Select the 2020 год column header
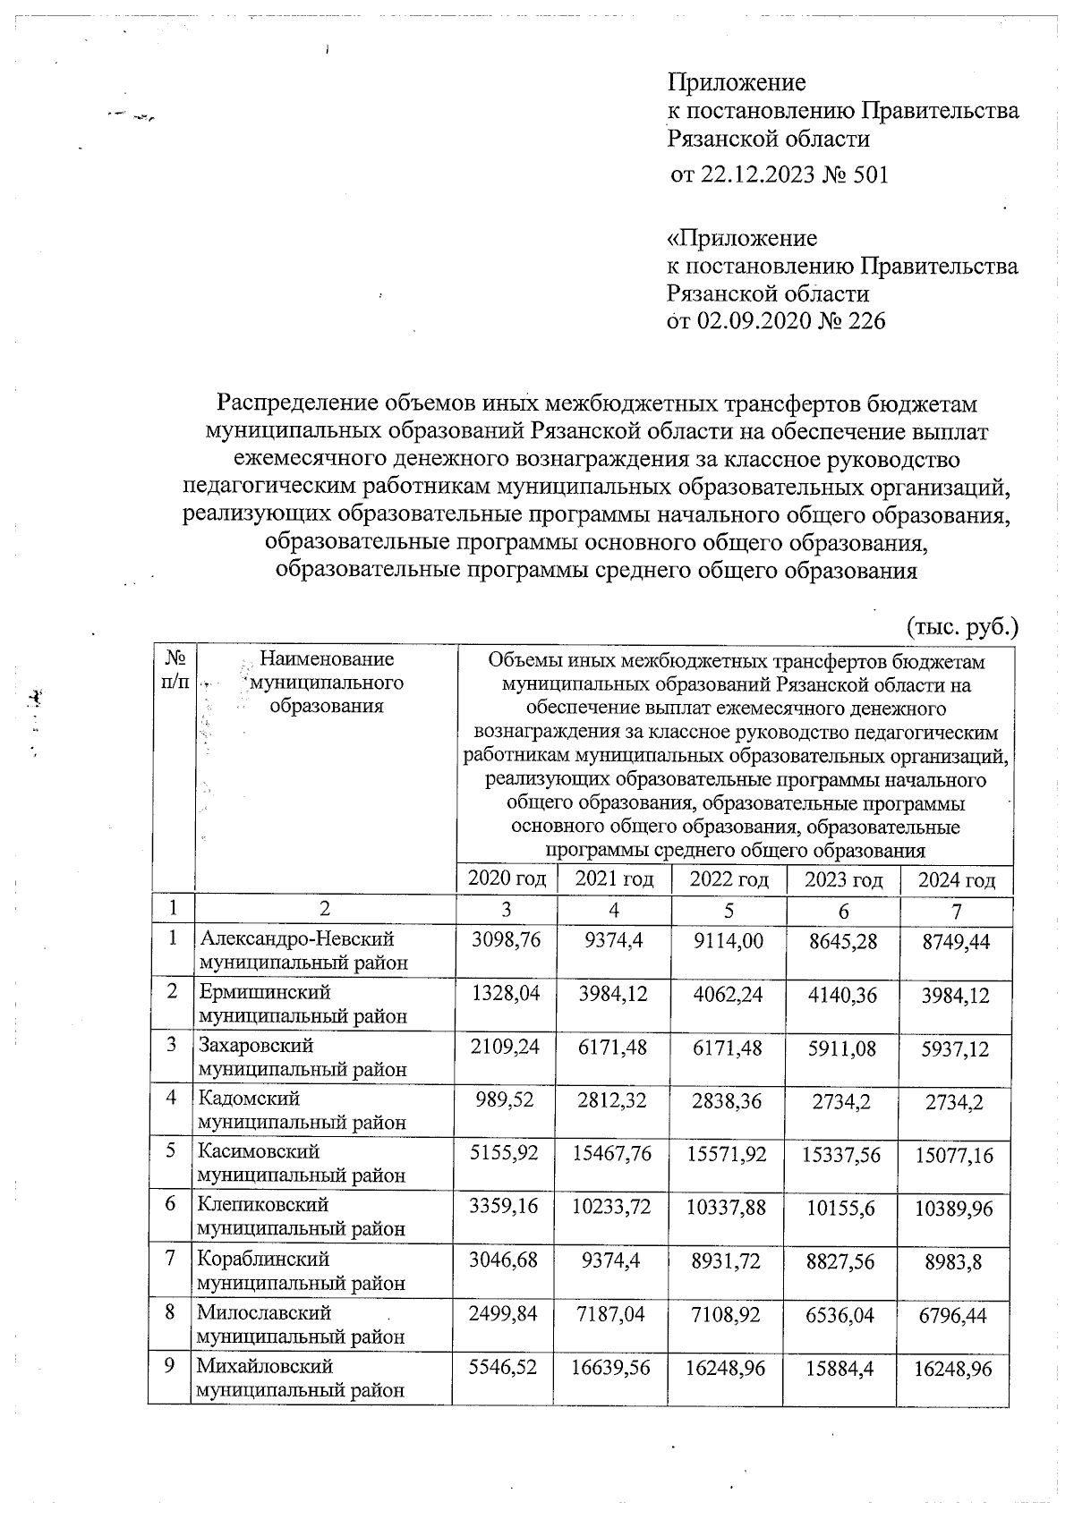click(x=507, y=879)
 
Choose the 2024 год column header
click(x=957, y=880)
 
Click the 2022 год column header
click(x=729, y=879)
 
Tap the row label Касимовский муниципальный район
click(x=302, y=1163)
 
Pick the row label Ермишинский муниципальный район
click(x=302, y=1004)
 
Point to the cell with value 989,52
click(x=507, y=1101)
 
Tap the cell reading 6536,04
click(x=842, y=1315)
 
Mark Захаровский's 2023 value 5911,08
click(x=842, y=1048)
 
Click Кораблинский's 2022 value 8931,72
click(x=729, y=1261)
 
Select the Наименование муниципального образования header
click(x=326, y=683)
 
